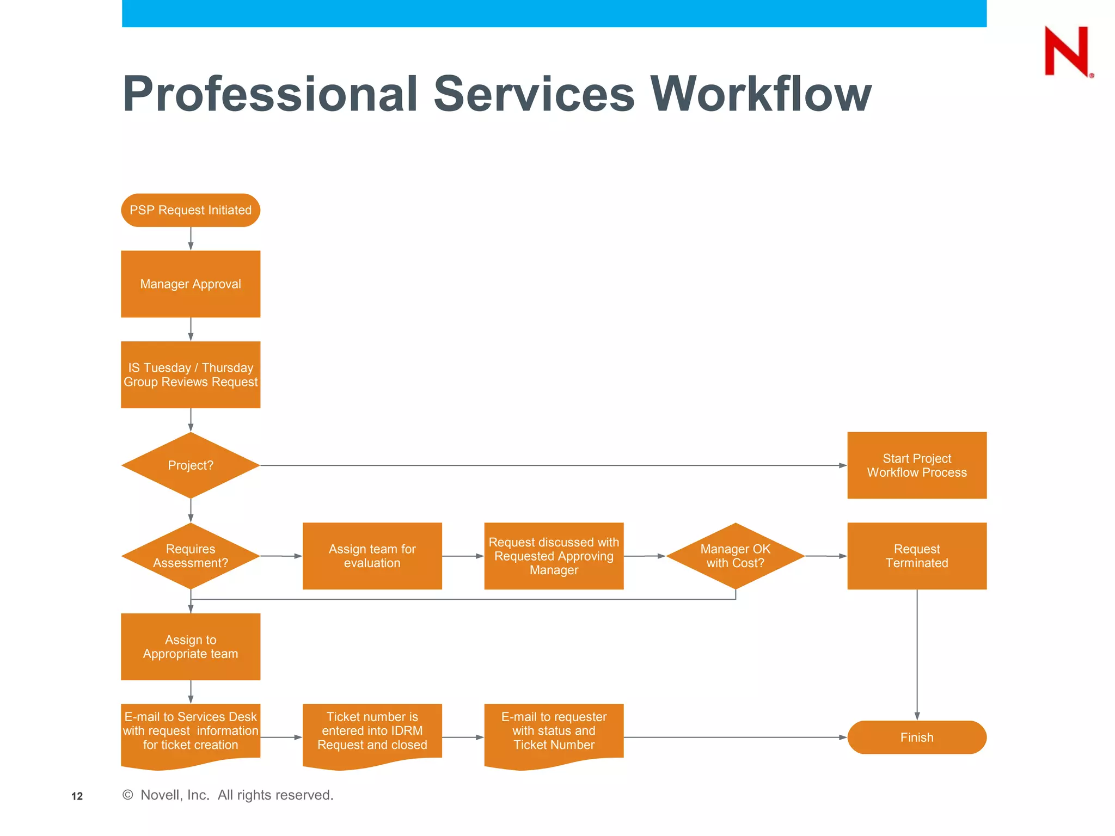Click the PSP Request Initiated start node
tap(191, 210)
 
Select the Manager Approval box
tap(191, 284)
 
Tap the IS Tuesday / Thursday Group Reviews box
tap(191, 374)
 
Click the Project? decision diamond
tap(191, 465)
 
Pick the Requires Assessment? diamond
tap(191, 556)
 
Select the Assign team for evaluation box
tap(372, 556)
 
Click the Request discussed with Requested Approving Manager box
tap(554, 556)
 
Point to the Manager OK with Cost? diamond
tap(735, 556)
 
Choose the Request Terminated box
tap(917, 556)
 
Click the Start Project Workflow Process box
tap(917, 465)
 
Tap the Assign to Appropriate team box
tap(191, 647)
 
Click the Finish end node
tap(917, 737)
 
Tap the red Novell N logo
tap(1066, 52)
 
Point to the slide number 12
tap(77, 796)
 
